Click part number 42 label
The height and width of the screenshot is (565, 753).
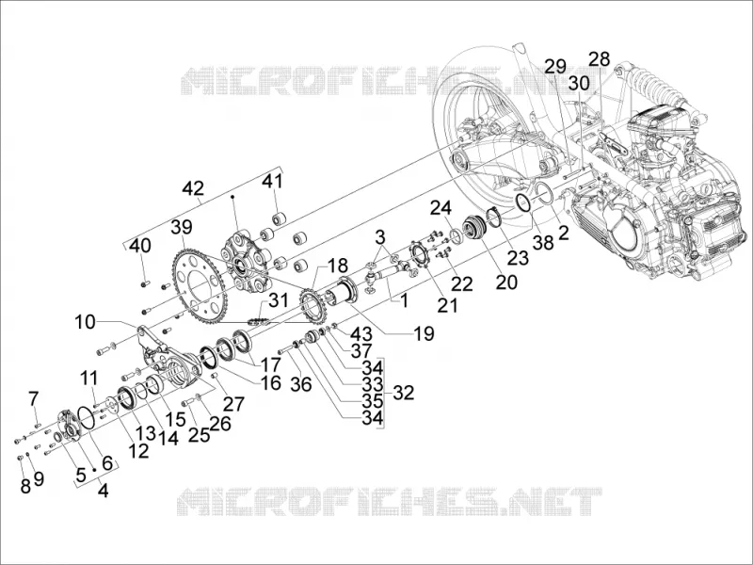[x=193, y=188]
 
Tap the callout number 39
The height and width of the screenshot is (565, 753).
[x=181, y=227]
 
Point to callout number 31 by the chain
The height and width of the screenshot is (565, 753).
[x=278, y=300]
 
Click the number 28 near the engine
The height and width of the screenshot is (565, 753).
[x=599, y=59]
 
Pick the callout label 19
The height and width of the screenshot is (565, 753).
[x=423, y=333]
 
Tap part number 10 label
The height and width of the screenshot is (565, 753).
[x=85, y=322]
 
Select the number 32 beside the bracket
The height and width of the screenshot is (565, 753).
[x=404, y=393]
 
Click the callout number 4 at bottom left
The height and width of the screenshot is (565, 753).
[x=103, y=491]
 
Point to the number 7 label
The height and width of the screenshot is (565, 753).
[x=33, y=398]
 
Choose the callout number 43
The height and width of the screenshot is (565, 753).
[x=360, y=333]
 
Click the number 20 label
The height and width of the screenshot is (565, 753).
[x=506, y=282]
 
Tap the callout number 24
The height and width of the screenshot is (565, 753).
[x=441, y=208]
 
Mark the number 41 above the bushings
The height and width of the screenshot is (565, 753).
[x=272, y=182]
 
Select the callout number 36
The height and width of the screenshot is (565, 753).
[x=301, y=384]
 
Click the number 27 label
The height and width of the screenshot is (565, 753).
[x=233, y=404]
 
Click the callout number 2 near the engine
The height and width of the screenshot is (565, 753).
[x=563, y=233]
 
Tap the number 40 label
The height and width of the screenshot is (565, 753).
[x=139, y=246]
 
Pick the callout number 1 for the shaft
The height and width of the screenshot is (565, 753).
[x=404, y=300]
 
